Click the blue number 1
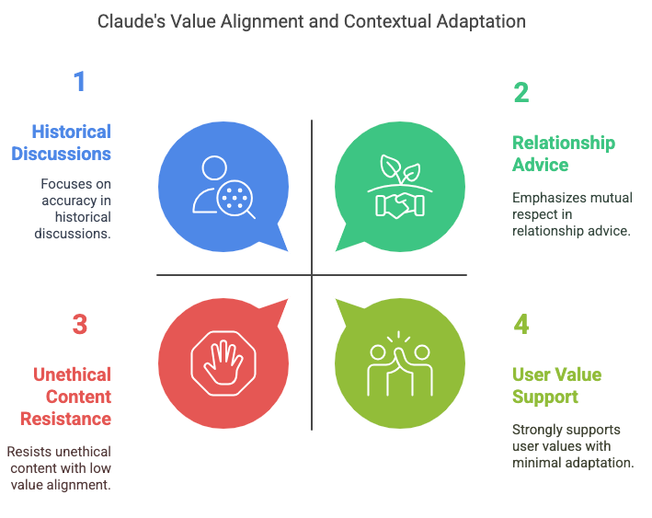[79, 81]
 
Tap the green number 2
[521, 92]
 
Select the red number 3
[80, 325]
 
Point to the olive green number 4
[521, 324]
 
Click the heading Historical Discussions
[61, 143]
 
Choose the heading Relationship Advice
[564, 154]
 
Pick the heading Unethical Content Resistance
[65, 397]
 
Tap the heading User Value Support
[556, 386]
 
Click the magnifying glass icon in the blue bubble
[235, 201]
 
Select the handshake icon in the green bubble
[400, 205]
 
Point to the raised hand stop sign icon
[223, 363]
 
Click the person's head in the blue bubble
[214, 167]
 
